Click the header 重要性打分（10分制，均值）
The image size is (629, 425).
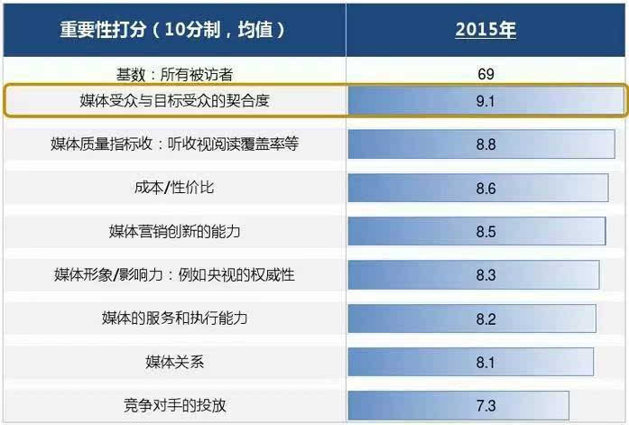pyautogui.click(x=173, y=29)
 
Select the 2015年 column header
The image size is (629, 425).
pyautogui.click(x=486, y=29)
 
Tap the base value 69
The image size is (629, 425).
pyautogui.click(x=486, y=74)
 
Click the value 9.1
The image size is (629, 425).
pyautogui.click(x=486, y=101)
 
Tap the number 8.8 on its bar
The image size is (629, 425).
pyautogui.click(x=486, y=144)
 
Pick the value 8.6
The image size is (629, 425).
pyautogui.click(x=486, y=189)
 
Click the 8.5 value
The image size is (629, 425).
pyautogui.click(x=486, y=232)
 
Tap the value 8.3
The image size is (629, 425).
pyautogui.click(x=486, y=275)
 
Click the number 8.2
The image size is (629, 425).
pyautogui.click(x=486, y=319)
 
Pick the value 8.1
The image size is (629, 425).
pyautogui.click(x=486, y=362)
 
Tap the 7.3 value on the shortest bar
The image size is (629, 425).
pyautogui.click(x=486, y=405)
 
